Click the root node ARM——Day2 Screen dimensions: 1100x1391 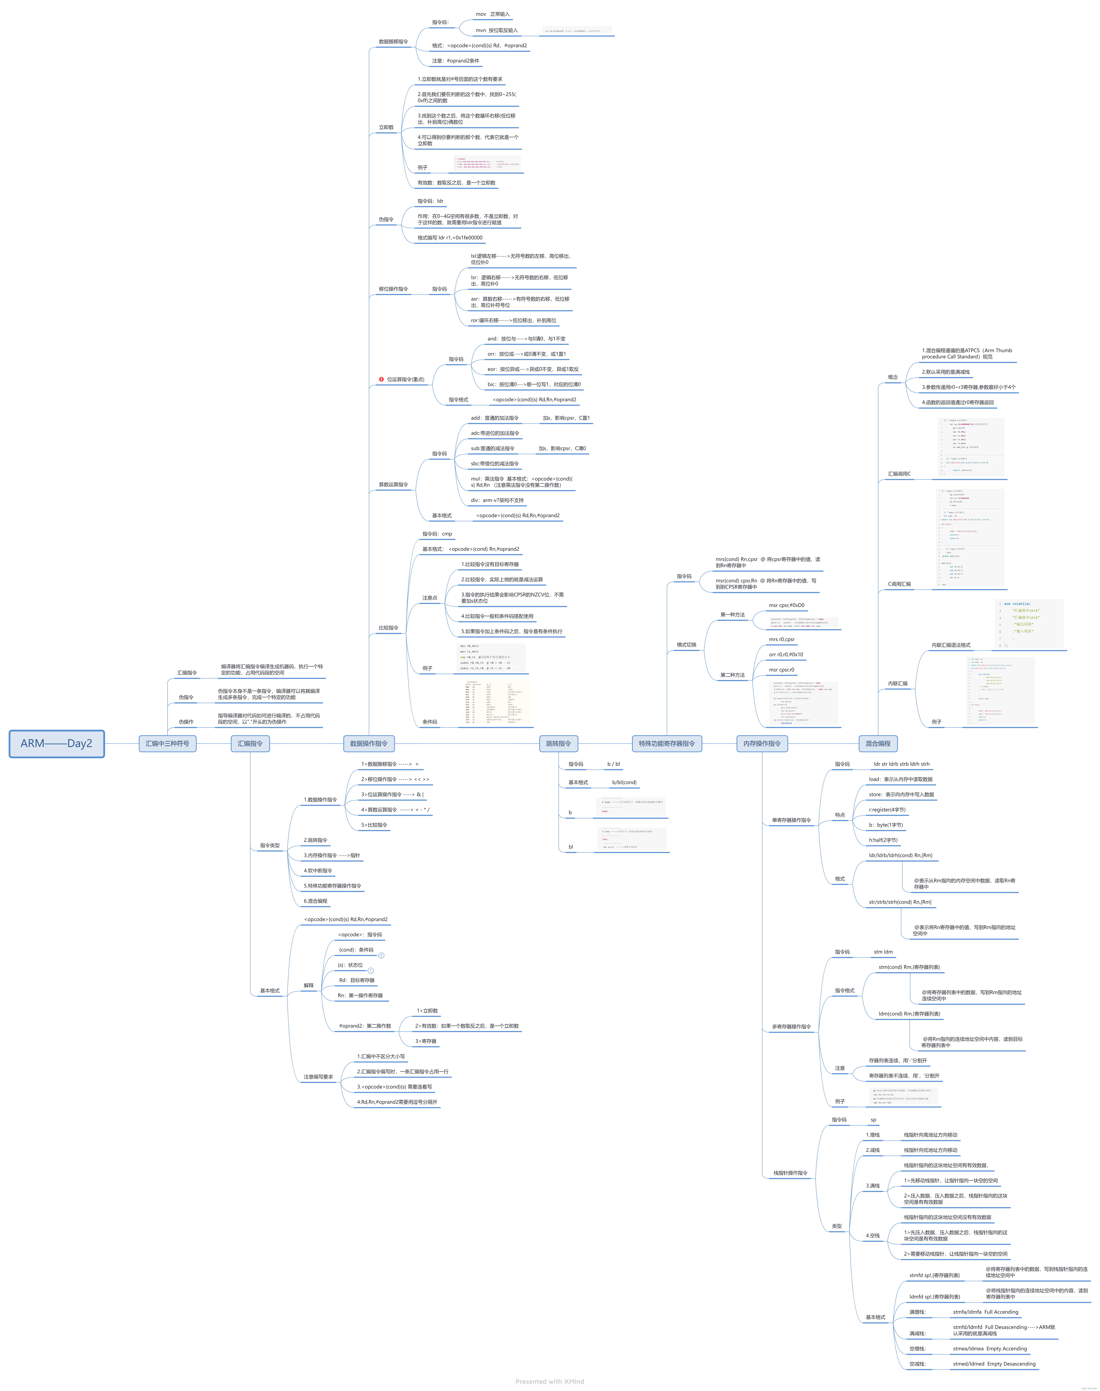point(57,743)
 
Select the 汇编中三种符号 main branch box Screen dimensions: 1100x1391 point(168,743)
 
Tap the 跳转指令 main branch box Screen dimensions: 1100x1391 point(558,743)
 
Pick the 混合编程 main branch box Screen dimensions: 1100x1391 point(878,743)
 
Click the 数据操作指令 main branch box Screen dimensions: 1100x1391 point(369,743)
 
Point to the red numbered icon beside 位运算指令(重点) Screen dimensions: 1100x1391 point(381,379)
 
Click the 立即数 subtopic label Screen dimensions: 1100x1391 point(386,127)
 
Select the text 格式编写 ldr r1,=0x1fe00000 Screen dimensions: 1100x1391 point(449,237)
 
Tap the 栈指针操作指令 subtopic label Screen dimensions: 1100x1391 point(790,1173)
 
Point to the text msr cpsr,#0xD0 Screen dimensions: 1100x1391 point(786,605)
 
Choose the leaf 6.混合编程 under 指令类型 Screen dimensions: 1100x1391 point(315,901)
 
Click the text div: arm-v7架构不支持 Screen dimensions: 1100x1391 point(497,500)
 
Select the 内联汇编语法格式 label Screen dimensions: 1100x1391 point(951,645)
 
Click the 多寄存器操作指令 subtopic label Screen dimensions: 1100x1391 point(791,1027)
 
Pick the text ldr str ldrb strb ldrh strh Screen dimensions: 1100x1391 point(901,764)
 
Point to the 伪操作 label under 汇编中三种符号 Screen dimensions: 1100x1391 point(186,722)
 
